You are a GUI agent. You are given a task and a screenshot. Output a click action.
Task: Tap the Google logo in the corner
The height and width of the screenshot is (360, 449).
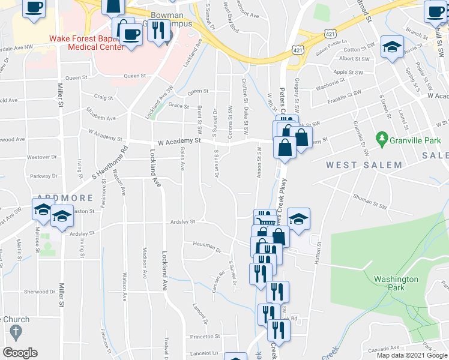pos(20,353)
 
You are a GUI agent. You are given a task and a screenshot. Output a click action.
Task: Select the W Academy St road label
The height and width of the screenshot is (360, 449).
pos(179,142)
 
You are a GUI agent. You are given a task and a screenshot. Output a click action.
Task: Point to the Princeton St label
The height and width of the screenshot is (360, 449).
pos(204,337)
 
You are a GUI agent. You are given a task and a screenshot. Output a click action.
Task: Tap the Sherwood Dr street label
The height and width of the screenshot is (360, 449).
pos(40,292)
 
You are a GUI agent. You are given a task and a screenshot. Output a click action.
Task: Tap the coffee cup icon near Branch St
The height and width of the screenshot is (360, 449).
pos(435,11)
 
